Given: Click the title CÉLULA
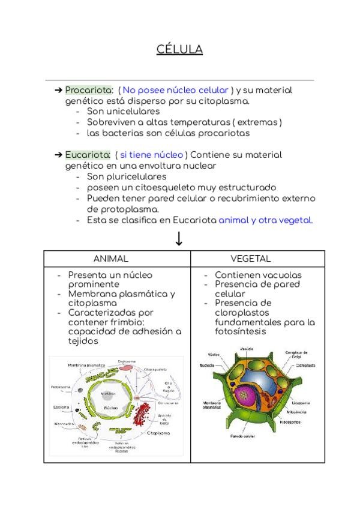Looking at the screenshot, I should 179,49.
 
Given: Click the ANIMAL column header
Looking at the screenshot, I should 111,259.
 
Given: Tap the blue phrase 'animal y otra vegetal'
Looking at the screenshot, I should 265,220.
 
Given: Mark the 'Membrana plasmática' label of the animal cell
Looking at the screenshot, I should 86,364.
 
